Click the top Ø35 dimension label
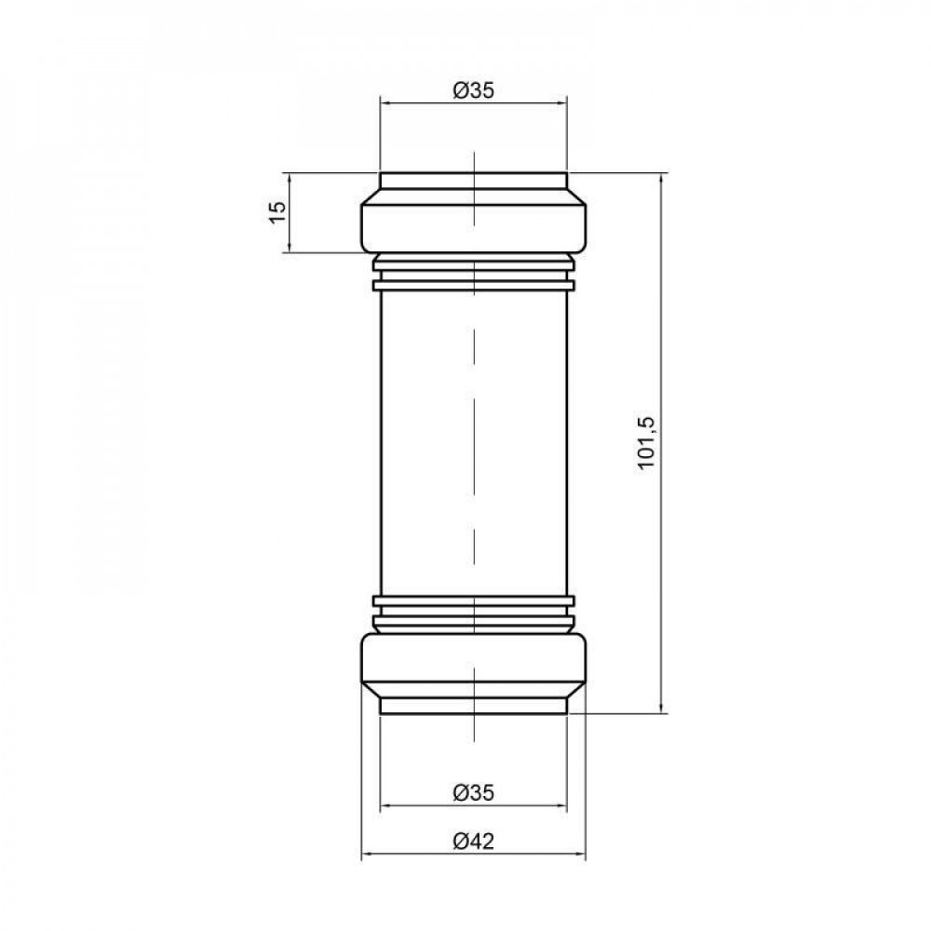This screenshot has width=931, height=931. [x=473, y=90]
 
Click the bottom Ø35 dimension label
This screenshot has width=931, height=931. [x=473, y=792]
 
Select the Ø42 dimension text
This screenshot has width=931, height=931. [x=473, y=842]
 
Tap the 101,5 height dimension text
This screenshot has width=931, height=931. [x=648, y=443]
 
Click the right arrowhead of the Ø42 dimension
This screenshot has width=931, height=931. [x=580, y=855]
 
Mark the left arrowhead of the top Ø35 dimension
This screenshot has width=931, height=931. [x=386, y=103]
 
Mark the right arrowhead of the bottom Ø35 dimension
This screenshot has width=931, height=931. [x=560, y=805]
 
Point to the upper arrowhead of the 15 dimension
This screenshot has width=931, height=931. [x=290, y=179]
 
